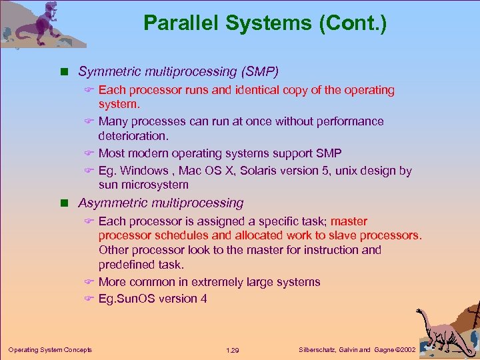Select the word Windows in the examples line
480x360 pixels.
143,171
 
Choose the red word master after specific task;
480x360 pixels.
349,221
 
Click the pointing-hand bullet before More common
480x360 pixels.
90,282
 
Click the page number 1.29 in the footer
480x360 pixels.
232,350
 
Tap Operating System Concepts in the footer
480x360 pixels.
50,350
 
